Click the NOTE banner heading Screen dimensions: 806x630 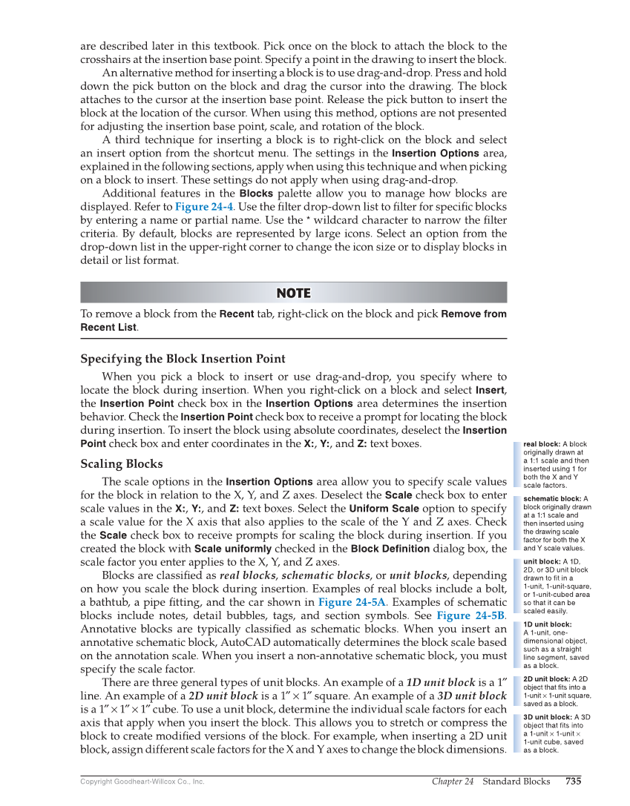coord(293,293)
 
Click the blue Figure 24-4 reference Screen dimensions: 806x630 coord(199,207)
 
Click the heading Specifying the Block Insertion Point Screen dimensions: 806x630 coord(183,359)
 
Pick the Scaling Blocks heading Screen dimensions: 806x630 coord(121,463)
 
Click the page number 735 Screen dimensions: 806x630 coord(573,781)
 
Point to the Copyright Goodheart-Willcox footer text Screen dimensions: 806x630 coord(142,782)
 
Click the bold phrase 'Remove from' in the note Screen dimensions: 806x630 coord(473,314)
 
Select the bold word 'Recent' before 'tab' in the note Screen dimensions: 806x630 coord(237,314)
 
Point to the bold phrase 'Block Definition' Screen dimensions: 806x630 coord(390,549)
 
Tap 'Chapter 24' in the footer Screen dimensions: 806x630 coord(452,781)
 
